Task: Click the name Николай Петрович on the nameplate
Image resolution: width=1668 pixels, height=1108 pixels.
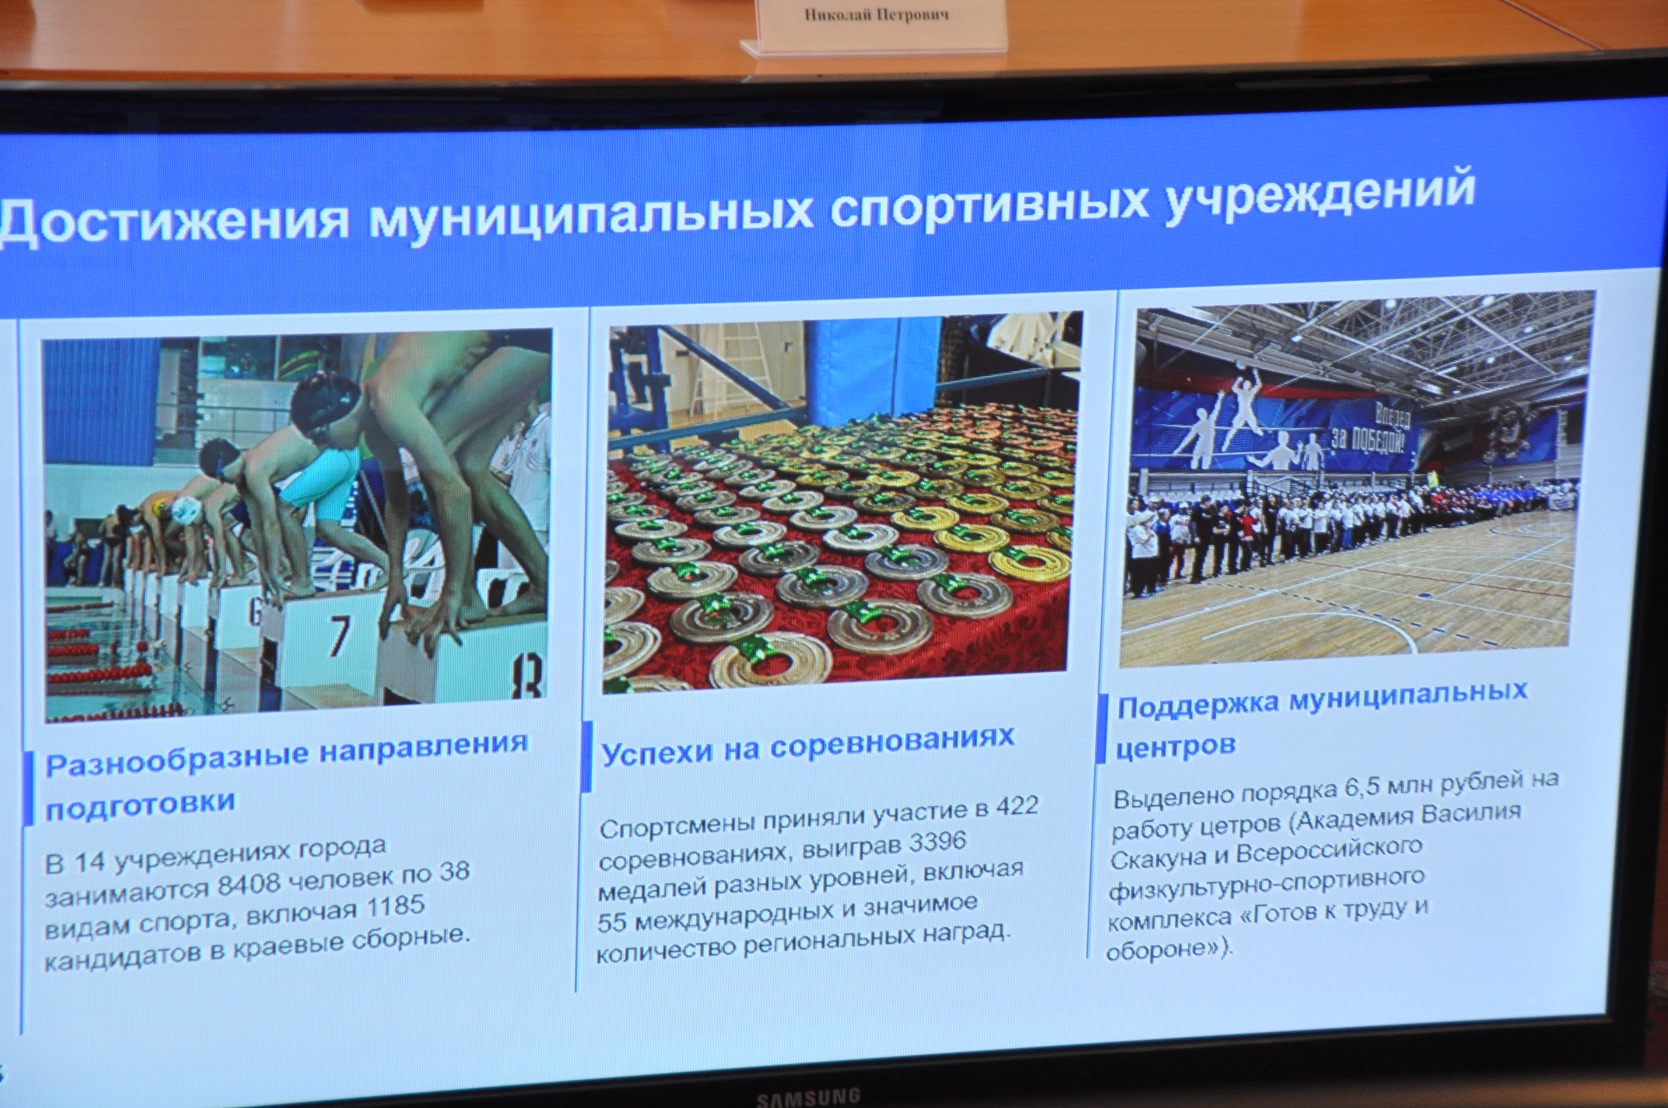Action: [x=876, y=15]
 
